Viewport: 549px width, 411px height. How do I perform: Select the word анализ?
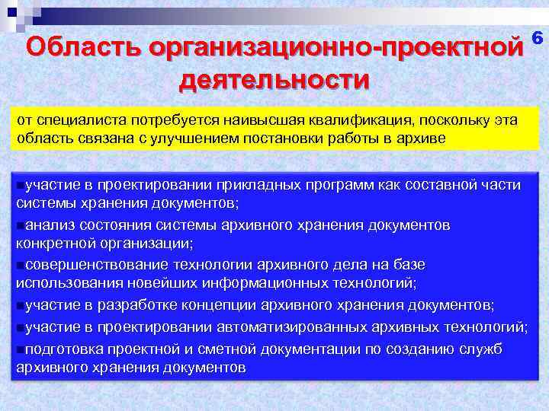tap(50, 225)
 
